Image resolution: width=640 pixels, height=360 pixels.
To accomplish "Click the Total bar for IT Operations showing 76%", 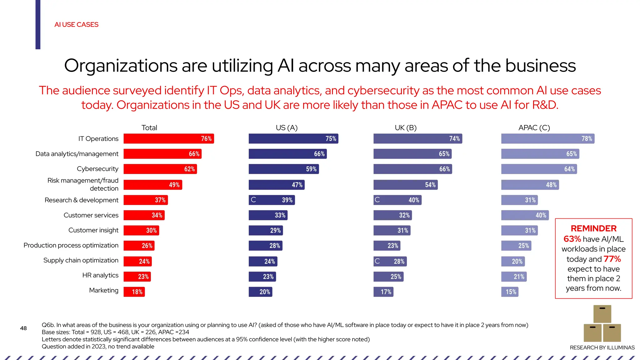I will (169, 138).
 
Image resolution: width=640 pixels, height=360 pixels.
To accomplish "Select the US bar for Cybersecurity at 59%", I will (283, 169).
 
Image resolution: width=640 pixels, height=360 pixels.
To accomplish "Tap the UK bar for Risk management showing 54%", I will (405, 185).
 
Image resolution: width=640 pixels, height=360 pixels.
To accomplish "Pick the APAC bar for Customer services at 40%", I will (525, 215).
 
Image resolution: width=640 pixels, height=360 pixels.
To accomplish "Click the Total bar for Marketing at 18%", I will (134, 292).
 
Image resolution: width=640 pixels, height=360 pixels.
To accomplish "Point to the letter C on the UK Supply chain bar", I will (377, 261).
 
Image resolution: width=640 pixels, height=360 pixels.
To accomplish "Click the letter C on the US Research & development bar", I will (253, 200).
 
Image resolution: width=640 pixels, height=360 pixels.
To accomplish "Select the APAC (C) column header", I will (534, 127).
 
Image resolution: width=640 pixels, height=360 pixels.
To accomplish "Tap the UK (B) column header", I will (406, 127).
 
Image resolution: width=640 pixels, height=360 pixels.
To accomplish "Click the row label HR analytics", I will (100, 275).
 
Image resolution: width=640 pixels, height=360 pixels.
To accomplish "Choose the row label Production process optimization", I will (71, 245).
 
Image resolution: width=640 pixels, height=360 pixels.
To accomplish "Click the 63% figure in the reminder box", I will (572, 239).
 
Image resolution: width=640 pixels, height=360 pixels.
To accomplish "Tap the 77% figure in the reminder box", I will (612, 259).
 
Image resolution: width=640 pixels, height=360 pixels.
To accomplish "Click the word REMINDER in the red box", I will (593, 228).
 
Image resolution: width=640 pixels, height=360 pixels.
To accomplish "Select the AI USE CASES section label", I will (76, 24).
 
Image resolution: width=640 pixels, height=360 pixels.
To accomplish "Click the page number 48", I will (23, 328).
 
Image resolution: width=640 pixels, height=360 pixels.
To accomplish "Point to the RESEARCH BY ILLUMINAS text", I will (602, 347).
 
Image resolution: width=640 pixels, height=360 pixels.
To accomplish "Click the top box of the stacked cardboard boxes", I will (602, 314).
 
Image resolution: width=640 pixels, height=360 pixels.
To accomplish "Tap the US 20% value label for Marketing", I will (265, 292).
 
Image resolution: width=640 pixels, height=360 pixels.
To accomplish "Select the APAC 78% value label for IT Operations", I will (587, 138).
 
